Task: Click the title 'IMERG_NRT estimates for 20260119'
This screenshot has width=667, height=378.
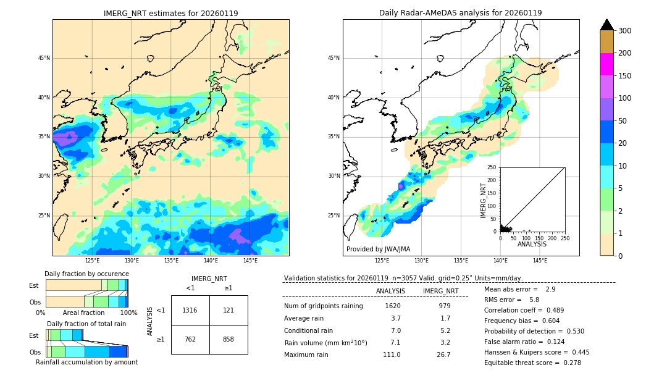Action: [x=170, y=13]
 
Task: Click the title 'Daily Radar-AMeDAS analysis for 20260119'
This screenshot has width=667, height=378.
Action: [x=461, y=13]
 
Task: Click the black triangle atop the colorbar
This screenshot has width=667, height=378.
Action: [x=606, y=25]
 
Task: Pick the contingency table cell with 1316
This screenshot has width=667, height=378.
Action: [x=190, y=310]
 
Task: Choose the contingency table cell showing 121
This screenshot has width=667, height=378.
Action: [x=229, y=310]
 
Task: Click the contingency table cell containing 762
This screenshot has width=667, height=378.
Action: [x=190, y=339]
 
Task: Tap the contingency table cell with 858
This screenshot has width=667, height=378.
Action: [x=229, y=339]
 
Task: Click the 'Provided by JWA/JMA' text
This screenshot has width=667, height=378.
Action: [x=378, y=250]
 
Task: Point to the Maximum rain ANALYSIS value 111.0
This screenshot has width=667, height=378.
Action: [x=392, y=355]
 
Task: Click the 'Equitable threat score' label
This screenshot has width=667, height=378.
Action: [x=522, y=363]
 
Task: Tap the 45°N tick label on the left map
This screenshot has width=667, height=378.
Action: [x=43, y=58]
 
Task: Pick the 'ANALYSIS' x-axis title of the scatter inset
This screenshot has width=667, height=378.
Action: [x=532, y=244]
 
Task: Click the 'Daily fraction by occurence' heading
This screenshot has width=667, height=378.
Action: [x=86, y=274]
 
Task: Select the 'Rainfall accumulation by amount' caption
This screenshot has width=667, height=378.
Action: [x=86, y=362]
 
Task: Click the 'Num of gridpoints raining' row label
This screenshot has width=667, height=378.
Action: [x=324, y=306]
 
